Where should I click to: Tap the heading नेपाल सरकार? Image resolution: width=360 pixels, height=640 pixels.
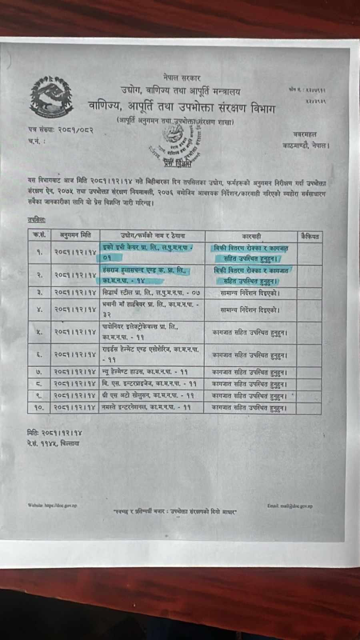pos(182,78)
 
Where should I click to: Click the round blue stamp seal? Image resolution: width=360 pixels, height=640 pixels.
pos(179,142)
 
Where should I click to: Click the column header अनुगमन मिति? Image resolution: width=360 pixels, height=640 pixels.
pos(75,236)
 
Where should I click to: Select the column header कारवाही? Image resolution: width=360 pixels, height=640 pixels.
pos(251,236)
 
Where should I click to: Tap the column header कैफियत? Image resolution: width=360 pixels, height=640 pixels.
pos(310,236)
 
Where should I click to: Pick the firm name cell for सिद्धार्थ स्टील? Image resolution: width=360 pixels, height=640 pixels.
pos(151,293)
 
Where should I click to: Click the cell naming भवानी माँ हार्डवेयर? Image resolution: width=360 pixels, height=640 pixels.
pos(151,310)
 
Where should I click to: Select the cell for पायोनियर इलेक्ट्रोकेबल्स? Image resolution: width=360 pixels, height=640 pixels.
pos(151,332)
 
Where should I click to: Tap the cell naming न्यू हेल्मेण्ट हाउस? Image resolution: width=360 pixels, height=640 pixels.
pos(151,372)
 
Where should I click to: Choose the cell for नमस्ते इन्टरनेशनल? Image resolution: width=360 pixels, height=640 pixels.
pos(151,408)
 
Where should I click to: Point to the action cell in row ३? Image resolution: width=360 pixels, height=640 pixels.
pos(250,293)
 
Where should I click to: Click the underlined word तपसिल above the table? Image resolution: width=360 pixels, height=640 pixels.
pos(36,220)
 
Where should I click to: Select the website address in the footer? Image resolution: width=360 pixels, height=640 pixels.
pos(52,505)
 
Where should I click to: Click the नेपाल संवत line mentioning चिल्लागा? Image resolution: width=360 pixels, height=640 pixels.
pos(53,443)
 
